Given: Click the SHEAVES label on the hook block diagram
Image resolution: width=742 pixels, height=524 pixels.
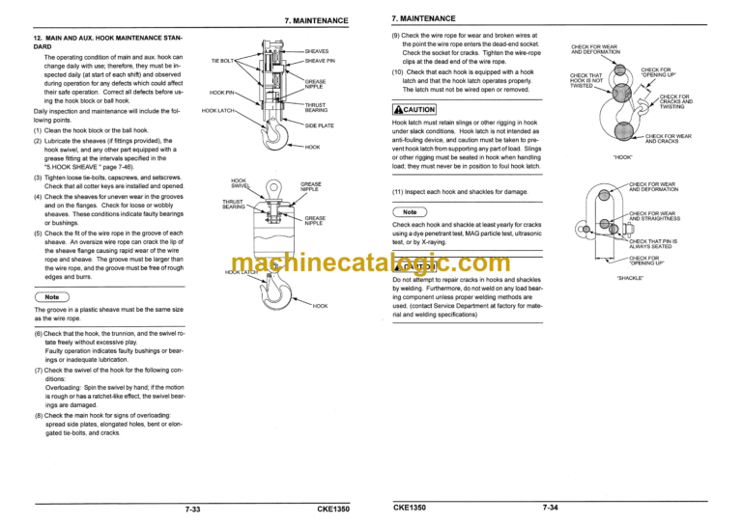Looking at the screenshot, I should click(317, 51).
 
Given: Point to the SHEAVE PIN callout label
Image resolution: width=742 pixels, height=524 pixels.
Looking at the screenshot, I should click(320, 61).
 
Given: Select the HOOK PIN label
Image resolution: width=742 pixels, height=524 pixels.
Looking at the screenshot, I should click(222, 94).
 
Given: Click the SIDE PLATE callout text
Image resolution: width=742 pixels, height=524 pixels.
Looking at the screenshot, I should click(320, 126).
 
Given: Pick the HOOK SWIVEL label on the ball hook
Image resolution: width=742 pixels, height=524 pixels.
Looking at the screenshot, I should click(241, 182).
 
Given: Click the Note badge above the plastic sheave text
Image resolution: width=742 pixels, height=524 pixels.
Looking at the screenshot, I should click(54, 297).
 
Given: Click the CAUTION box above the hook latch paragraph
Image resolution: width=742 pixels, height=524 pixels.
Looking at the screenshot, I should click(414, 109).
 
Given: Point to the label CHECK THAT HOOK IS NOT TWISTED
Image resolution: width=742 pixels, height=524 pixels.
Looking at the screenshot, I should click(586, 80).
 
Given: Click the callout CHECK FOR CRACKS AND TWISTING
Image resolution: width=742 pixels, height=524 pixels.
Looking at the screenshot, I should click(675, 101).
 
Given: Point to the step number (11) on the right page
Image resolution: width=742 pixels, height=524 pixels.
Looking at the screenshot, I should click(398, 192).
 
